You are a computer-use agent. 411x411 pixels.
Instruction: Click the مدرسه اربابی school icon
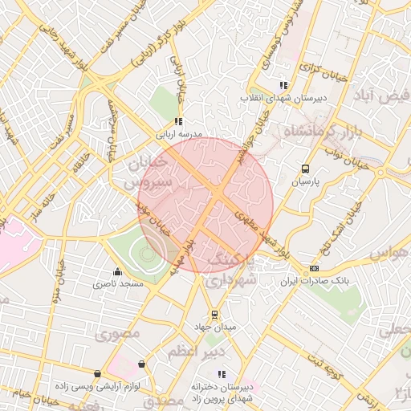tap(178, 121)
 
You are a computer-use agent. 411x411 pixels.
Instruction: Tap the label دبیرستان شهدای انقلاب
tap(280, 99)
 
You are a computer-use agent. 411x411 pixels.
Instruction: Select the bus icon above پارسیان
tap(304, 169)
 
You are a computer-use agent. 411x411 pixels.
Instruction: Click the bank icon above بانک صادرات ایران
tap(314, 268)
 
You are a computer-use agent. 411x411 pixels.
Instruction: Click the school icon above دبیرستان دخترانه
tap(222, 373)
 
